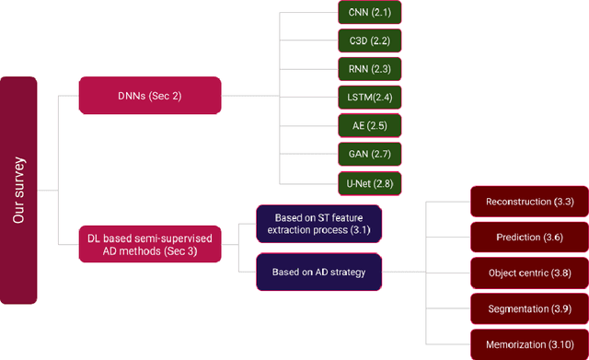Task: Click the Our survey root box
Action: point(18,190)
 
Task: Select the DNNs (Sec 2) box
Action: point(149,95)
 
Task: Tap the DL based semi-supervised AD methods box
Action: point(149,244)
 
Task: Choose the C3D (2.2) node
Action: point(369,41)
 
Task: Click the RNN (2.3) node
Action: point(369,69)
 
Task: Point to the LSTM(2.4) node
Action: point(369,96)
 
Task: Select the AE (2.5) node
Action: point(369,123)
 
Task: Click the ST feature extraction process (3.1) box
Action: point(318,224)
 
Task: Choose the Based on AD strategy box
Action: point(318,272)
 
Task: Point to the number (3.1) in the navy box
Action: point(355,230)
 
